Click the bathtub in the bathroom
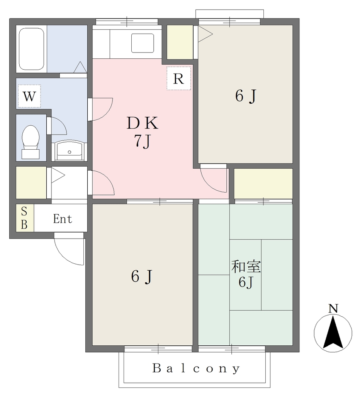coord(32,49)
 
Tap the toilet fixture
coord(31,142)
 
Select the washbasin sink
coord(70,151)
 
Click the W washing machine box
coord(29,96)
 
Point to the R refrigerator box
coord(178,78)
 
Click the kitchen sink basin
coord(143,43)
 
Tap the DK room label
coord(143,123)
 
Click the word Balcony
coord(196,369)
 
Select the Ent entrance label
coord(63,219)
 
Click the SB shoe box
coord(25,218)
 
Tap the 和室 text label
coord(246,267)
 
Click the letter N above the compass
coord(333,309)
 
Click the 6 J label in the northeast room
coord(246,96)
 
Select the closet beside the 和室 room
coord(263,184)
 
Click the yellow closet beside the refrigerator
coord(180,42)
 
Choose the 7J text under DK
coord(142,141)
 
